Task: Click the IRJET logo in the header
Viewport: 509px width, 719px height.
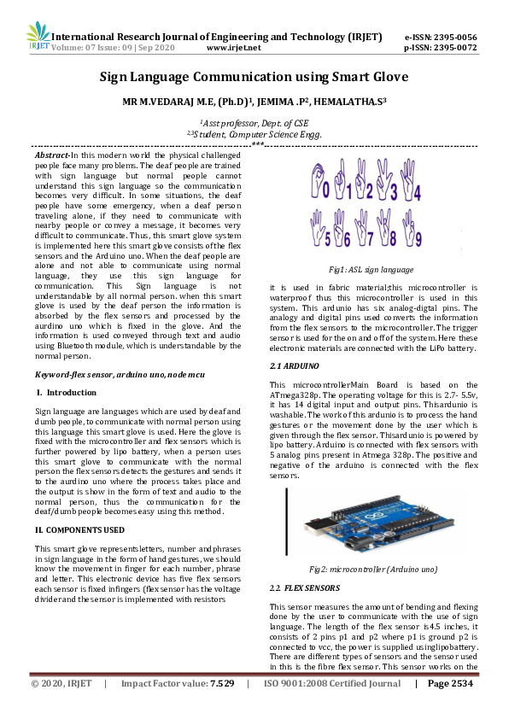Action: [38, 38]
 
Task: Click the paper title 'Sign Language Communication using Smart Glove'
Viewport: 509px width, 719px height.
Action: [254, 78]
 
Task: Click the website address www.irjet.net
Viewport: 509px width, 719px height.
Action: [254, 50]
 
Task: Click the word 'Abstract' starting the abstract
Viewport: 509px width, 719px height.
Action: [52, 155]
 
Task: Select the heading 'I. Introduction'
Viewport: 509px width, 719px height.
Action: [68, 392]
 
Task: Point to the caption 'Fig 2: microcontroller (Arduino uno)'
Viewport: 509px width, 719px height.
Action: [373, 569]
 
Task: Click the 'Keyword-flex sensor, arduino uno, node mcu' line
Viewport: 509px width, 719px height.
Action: [106, 375]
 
